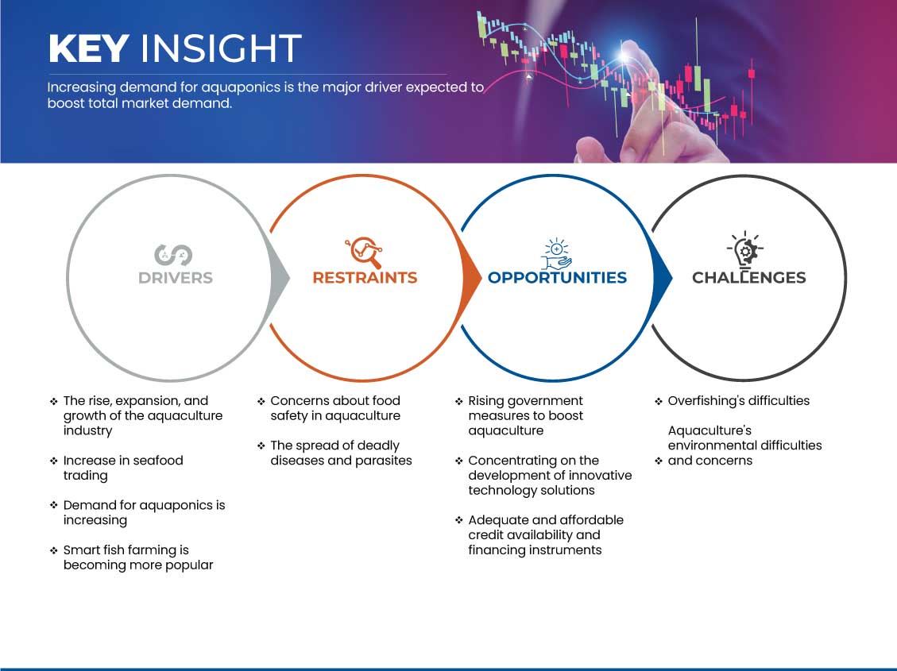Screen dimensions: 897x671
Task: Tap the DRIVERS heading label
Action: point(176,278)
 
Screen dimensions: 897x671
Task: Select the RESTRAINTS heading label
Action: point(365,278)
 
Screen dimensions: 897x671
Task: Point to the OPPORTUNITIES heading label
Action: point(557,278)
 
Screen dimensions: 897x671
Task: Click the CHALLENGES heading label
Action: point(749,278)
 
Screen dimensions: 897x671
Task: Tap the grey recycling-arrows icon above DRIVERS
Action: point(173,255)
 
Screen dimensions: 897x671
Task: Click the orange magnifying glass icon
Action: point(364,252)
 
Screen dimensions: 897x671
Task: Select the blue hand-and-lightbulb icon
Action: point(557,254)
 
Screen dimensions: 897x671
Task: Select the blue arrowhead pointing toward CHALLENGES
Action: point(662,278)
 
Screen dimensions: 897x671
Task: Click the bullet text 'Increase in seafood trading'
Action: point(123,468)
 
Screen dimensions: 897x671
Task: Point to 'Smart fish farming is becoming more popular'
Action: point(138,557)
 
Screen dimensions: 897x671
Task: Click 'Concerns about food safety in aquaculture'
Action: point(335,408)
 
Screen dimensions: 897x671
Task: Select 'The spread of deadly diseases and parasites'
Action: point(341,453)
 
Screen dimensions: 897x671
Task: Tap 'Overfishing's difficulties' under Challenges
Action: point(739,401)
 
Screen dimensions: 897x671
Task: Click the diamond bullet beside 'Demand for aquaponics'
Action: point(54,505)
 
